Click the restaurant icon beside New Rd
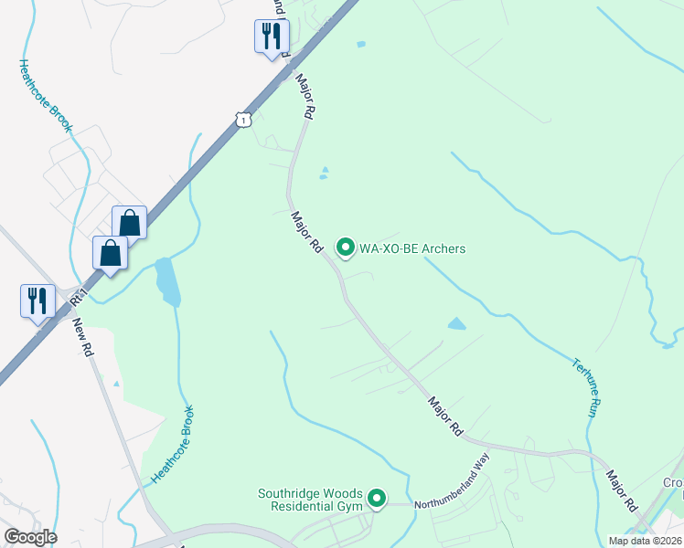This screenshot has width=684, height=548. coord(36,300)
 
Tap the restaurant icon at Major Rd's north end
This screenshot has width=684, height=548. coord(271,37)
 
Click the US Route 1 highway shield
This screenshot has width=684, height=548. coord(241,120)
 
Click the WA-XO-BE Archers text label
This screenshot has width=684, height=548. coord(412,248)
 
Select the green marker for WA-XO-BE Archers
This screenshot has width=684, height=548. coord(346,248)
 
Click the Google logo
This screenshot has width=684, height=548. coord(30,537)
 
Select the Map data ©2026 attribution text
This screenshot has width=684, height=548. coord(645,540)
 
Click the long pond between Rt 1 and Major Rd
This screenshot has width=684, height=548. coord(167,282)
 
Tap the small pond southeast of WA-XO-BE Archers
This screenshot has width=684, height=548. coord(456,323)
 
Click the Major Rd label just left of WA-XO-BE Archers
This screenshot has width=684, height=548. coord(308,233)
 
